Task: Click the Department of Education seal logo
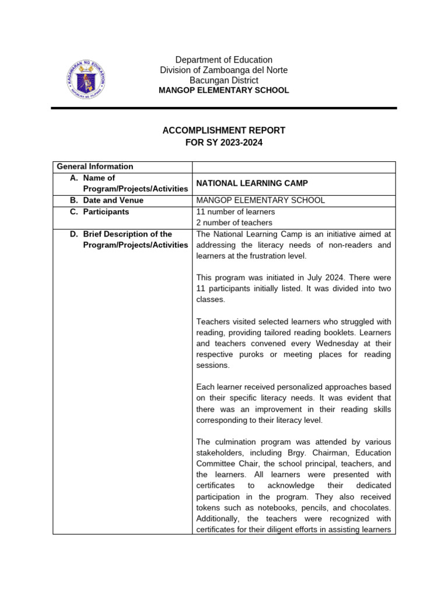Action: pyautogui.click(x=85, y=79)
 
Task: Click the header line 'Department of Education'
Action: pyautogui.click(x=224, y=60)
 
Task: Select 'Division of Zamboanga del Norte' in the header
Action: pyautogui.click(x=224, y=70)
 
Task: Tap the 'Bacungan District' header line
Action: pyautogui.click(x=224, y=80)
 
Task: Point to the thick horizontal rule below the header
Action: pyautogui.click(x=224, y=108)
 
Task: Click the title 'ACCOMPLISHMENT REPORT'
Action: pyautogui.click(x=224, y=130)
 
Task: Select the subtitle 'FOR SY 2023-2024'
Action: pyautogui.click(x=224, y=142)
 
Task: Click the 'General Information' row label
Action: pyautogui.click(x=94, y=166)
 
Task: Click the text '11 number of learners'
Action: pyautogui.click(x=236, y=211)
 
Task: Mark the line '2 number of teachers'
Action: pyautogui.click(x=234, y=222)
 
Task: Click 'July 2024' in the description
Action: pyautogui.click(x=320, y=277)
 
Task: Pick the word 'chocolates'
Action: pyautogui.click(x=369, y=507)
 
